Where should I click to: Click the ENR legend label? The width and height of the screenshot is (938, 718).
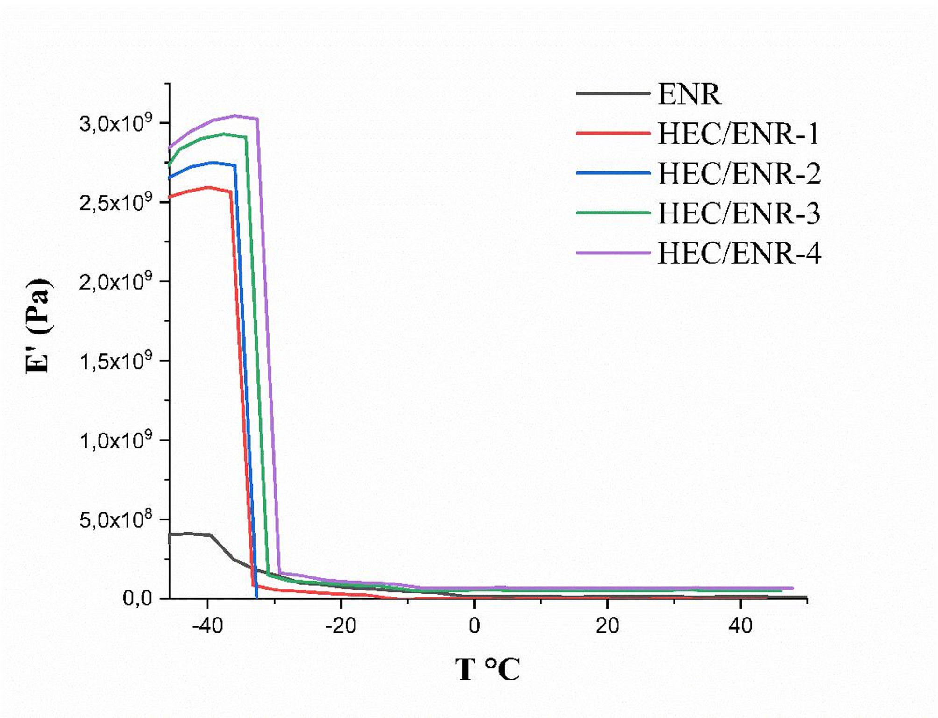click(x=689, y=94)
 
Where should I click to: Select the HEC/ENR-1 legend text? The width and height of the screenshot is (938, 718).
click(x=738, y=134)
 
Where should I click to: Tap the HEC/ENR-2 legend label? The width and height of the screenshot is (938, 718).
click(x=739, y=173)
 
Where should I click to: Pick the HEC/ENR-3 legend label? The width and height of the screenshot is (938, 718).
click(x=739, y=213)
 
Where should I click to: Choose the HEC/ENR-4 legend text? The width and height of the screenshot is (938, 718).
click(x=739, y=254)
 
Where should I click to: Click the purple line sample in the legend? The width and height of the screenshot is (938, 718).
click(x=613, y=253)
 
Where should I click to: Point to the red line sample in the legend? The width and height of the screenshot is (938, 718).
click(x=613, y=133)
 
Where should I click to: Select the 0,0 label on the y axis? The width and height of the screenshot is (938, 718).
click(x=137, y=598)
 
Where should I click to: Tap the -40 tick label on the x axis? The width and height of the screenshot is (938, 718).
click(x=207, y=626)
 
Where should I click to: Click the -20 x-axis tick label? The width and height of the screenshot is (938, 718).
click(x=341, y=626)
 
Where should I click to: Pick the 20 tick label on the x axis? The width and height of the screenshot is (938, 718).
click(x=607, y=626)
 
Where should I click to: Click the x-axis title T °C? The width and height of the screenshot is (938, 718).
click(x=487, y=669)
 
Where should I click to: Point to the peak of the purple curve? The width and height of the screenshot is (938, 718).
click(x=235, y=115)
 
